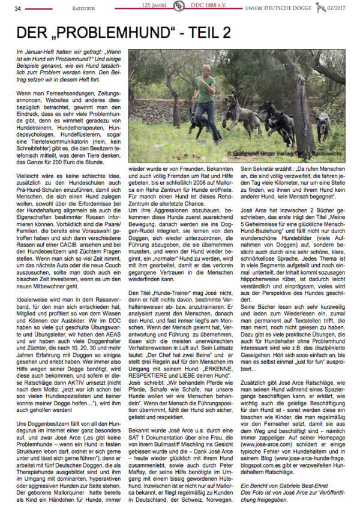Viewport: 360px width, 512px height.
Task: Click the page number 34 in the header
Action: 17,8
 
